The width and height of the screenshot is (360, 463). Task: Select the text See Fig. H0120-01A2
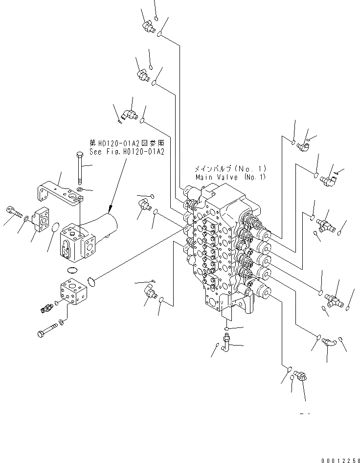(127, 151)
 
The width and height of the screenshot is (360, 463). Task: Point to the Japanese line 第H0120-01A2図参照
(127, 143)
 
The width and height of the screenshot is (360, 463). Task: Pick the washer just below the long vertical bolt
(79, 188)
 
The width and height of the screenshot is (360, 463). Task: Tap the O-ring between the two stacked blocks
(72, 270)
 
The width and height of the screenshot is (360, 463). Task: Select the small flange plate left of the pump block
(42, 219)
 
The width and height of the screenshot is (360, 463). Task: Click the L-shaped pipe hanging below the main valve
(226, 341)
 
